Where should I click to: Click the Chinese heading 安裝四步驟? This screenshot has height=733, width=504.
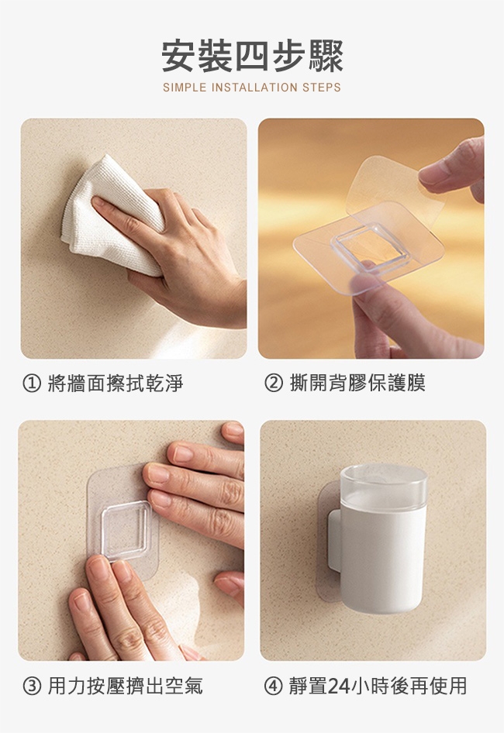(252, 57)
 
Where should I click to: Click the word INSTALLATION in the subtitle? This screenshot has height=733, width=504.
(254, 88)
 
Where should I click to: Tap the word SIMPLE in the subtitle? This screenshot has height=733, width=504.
(185, 88)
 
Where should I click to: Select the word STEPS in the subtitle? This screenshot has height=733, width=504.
(322, 88)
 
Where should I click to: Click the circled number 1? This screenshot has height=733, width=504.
(32, 384)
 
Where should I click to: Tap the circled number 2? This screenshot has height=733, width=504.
(273, 383)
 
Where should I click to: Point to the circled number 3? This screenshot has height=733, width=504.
(32, 686)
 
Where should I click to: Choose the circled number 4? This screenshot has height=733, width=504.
(273, 686)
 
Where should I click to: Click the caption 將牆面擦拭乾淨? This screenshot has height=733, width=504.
(115, 384)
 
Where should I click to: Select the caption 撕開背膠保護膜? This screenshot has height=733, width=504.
(357, 383)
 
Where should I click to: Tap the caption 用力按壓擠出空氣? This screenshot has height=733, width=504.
(125, 686)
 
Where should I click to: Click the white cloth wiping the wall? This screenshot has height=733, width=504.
(112, 214)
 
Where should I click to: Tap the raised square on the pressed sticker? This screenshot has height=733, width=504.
(126, 531)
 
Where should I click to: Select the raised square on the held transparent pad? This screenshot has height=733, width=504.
(371, 248)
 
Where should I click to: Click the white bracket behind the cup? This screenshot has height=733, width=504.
(334, 541)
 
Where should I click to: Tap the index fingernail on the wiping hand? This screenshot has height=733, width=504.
(98, 203)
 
